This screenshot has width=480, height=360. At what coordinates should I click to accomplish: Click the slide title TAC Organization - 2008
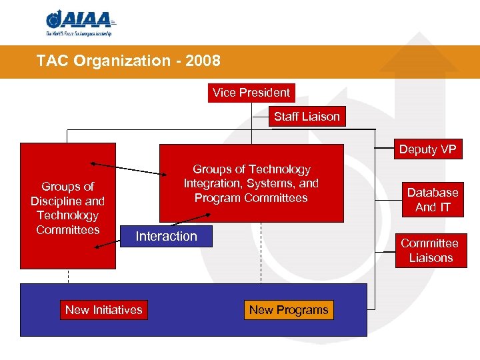128,61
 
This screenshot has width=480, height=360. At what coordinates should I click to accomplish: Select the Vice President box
251,93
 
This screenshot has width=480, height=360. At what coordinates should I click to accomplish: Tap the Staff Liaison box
307,117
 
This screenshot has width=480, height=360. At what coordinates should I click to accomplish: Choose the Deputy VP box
427,149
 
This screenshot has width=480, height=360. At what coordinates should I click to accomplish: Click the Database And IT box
433,200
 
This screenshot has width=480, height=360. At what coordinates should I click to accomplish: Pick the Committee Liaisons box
430,251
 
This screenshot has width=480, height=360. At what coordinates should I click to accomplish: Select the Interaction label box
167,237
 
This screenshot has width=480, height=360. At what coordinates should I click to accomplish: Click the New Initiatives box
103,310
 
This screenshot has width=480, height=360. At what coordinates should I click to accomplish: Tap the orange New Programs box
289,310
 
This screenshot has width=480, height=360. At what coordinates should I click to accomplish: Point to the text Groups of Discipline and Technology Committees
67,208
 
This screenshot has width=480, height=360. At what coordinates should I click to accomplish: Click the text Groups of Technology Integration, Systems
251,183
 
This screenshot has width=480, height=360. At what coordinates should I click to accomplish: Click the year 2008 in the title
204,61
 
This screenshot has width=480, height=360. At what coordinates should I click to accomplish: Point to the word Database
433,193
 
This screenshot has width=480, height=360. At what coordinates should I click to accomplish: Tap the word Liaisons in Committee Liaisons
431,258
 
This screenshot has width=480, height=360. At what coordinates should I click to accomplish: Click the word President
265,93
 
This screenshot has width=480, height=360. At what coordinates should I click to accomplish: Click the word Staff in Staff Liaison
285,117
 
